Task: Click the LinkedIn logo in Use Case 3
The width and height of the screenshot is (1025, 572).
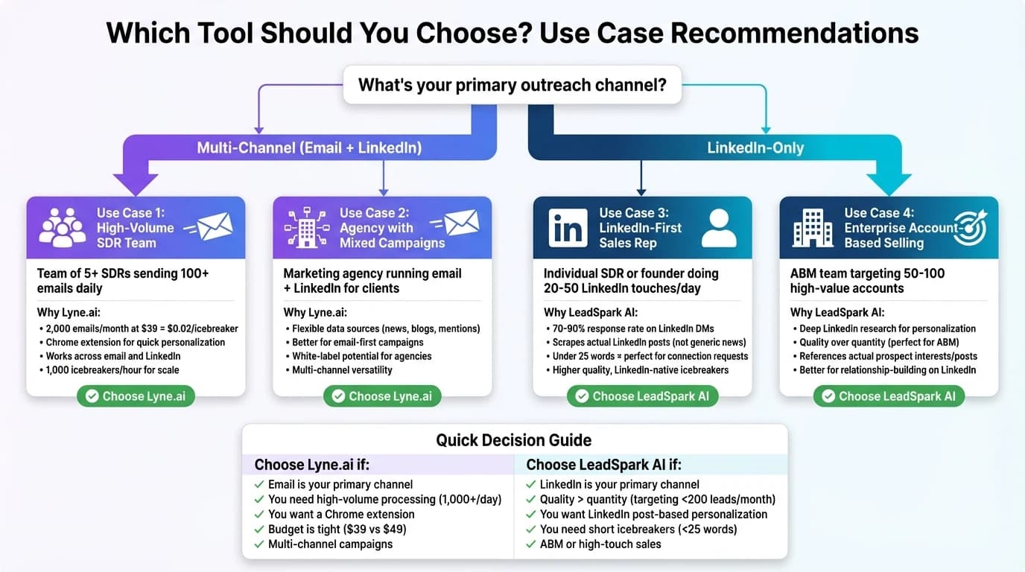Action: (x=568, y=227)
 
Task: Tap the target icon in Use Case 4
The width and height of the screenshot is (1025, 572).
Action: (x=970, y=227)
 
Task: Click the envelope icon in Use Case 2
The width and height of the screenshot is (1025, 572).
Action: (x=458, y=223)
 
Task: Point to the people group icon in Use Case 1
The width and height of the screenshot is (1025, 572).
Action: (x=62, y=227)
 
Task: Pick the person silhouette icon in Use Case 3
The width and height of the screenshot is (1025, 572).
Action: (x=719, y=227)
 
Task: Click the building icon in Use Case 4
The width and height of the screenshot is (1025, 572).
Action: (x=813, y=227)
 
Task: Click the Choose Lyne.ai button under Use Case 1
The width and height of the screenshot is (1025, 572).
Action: (x=136, y=396)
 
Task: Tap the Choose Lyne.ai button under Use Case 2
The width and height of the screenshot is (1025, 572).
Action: (x=382, y=396)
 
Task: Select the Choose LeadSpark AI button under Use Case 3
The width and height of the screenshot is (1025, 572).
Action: (x=642, y=396)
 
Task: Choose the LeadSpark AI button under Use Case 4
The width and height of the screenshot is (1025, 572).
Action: (x=889, y=396)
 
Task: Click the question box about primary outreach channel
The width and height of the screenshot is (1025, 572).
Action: (x=512, y=85)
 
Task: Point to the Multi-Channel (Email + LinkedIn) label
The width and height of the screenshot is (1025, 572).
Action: (x=309, y=147)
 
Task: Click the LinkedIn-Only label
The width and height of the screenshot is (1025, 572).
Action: (x=755, y=147)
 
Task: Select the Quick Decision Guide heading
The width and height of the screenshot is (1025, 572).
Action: (x=514, y=439)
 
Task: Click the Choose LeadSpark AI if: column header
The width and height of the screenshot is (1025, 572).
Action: (x=603, y=465)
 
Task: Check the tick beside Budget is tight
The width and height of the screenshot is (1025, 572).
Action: (x=258, y=530)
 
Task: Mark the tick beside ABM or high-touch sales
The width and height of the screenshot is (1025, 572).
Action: (x=530, y=544)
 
